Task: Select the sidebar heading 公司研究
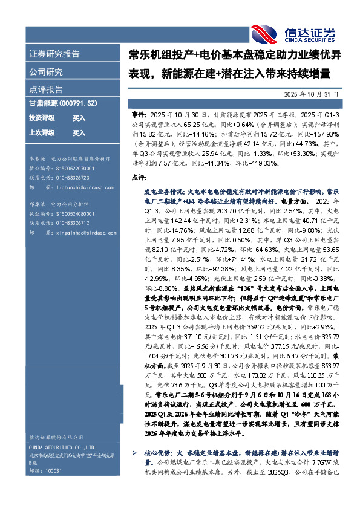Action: tap(45, 72)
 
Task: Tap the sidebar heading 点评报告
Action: tap(46, 89)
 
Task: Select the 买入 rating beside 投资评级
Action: tap(79, 118)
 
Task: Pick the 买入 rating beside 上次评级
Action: tap(79, 132)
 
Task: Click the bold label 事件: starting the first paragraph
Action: tap(139, 114)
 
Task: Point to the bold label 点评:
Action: tap(139, 177)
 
